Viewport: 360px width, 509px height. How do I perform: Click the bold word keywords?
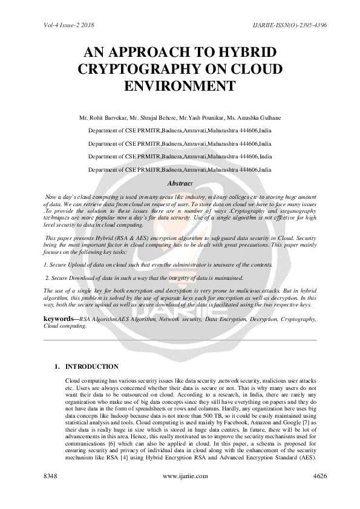coord(60,318)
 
